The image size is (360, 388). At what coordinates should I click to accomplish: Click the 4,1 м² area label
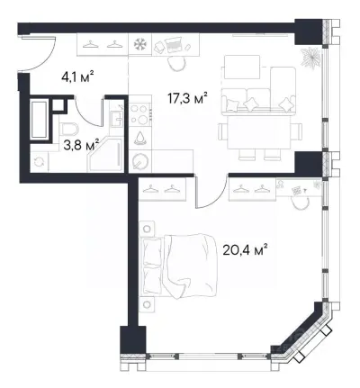77,77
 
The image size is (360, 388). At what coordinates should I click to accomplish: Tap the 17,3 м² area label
188,98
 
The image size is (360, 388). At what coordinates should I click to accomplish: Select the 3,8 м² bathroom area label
81,145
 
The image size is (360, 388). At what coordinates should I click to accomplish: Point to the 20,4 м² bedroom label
245,249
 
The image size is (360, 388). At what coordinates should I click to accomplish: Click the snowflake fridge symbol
140,44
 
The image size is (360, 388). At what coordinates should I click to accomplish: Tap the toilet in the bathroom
68,131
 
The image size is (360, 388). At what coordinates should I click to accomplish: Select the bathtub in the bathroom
39,120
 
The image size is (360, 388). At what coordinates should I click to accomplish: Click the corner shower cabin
105,156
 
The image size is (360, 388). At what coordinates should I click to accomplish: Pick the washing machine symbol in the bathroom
40,161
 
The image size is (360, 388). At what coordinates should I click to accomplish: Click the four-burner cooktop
140,113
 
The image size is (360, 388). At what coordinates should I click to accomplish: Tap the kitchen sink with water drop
139,139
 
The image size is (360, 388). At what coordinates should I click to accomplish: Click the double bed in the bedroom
179,266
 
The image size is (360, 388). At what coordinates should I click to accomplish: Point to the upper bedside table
147,229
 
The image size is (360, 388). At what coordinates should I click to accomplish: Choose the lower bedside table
147,304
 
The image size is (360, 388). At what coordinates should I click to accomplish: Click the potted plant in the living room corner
310,57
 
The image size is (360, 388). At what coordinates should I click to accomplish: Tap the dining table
260,132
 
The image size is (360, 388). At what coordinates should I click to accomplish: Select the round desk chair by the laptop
176,63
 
